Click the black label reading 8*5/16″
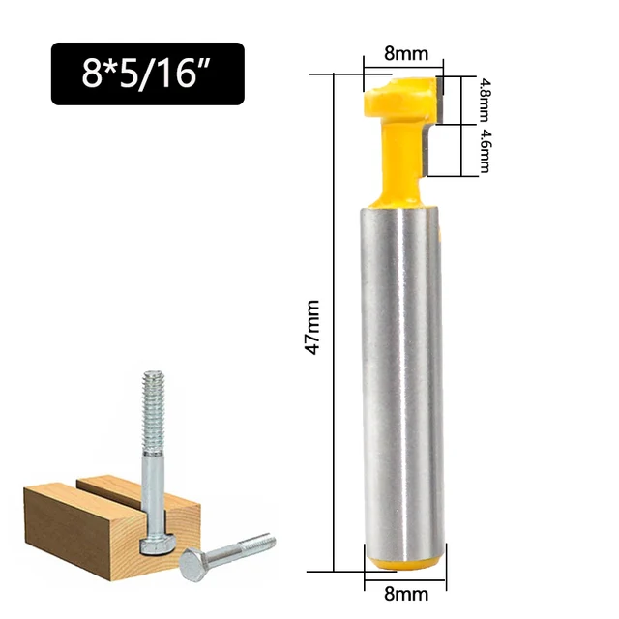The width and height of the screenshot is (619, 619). point(148,74)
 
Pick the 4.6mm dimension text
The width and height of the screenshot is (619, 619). point(485,151)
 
